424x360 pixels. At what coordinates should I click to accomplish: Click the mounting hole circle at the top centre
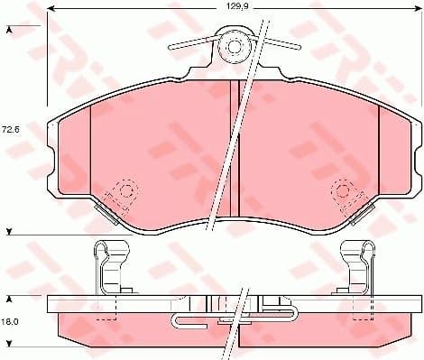[235, 44]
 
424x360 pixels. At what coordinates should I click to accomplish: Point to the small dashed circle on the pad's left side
[125, 190]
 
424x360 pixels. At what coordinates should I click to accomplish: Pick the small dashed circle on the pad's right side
[343, 190]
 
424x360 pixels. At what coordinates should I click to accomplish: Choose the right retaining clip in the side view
[357, 269]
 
